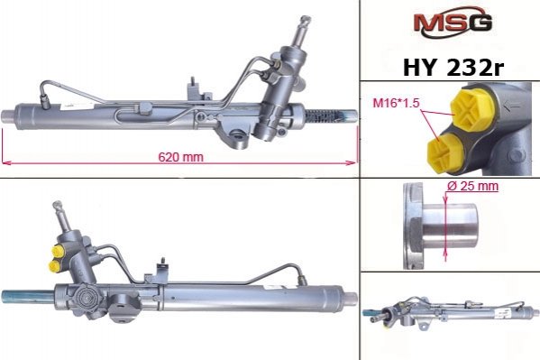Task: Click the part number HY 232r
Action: [453, 68]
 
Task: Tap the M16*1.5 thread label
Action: [396, 103]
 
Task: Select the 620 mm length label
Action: [181, 157]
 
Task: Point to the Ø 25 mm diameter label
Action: [472, 186]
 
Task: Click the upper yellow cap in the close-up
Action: [473, 108]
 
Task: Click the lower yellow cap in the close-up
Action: [446, 152]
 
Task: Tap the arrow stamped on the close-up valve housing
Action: [512, 106]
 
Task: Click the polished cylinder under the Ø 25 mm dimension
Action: [450, 226]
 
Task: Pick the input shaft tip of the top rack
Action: [305, 20]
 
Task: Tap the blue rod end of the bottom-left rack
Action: [28, 297]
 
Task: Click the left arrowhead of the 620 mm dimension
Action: [7, 162]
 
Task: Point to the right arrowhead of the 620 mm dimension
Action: [352, 162]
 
